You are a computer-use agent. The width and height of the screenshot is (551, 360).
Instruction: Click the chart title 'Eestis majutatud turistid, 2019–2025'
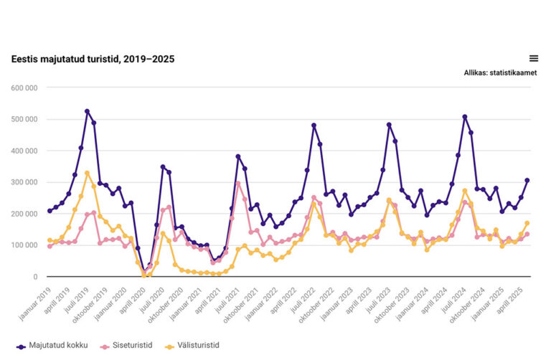[93, 59]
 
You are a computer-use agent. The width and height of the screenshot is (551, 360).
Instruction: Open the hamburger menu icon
[533, 59]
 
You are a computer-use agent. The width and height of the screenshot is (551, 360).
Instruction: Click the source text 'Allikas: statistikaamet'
[500, 73]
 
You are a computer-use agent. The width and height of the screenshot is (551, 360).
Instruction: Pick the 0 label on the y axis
[34, 277]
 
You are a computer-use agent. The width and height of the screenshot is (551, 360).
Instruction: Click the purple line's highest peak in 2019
[88, 111]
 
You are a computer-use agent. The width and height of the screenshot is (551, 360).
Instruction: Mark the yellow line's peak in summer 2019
[88, 173]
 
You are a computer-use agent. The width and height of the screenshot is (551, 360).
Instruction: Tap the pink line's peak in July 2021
[238, 183]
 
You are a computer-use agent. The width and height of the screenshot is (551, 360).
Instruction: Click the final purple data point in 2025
[527, 180]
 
